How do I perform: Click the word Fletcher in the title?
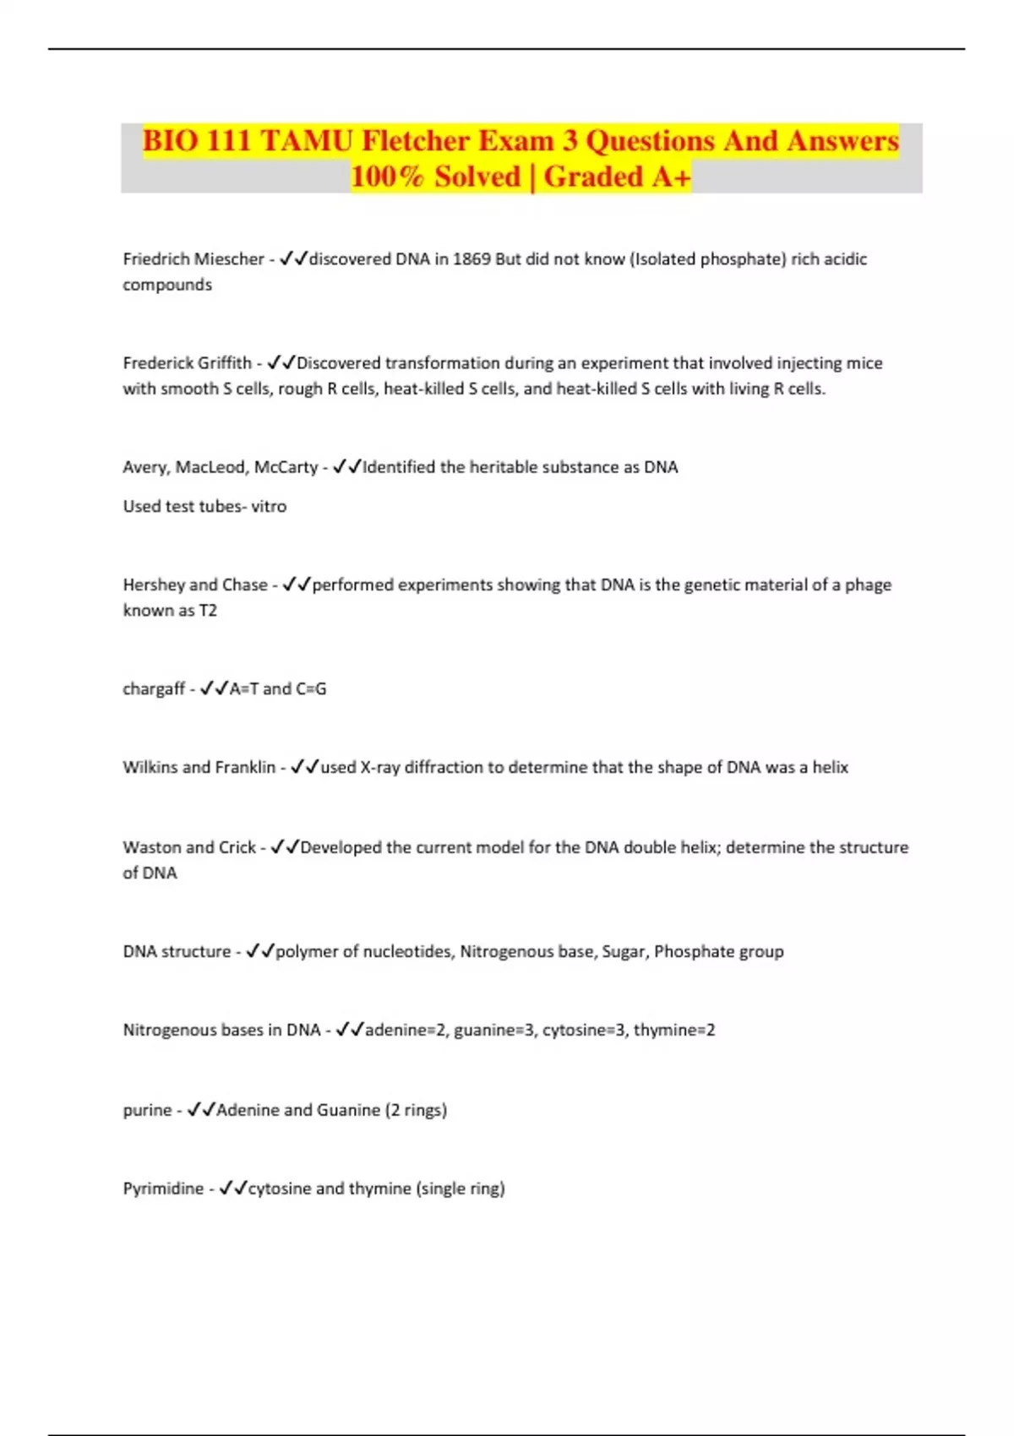tap(416, 140)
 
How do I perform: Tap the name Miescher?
tap(229, 259)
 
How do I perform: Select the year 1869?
tap(472, 259)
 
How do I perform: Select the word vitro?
tap(269, 507)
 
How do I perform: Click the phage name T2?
tap(208, 611)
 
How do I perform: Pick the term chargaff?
tap(154, 689)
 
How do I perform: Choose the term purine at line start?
tap(147, 1110)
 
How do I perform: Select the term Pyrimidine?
tap(163, 1189)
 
